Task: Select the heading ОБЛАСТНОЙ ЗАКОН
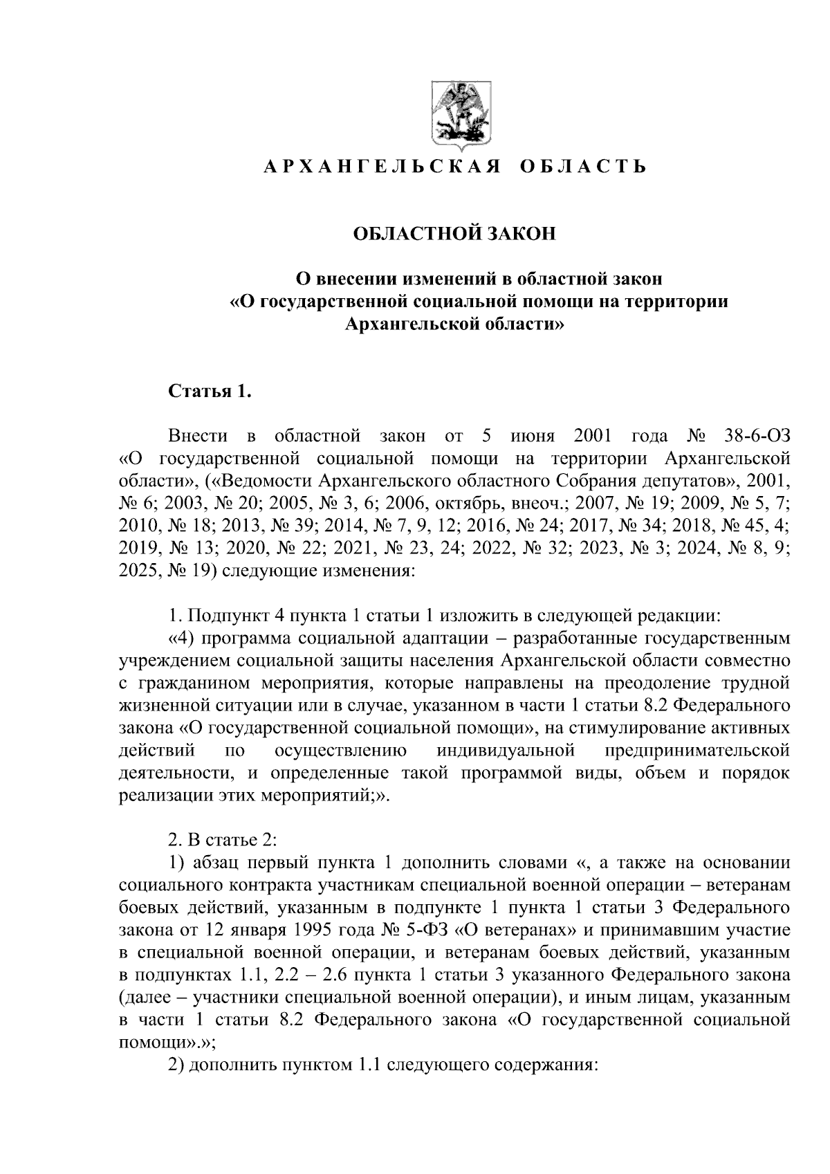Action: pos(454,234)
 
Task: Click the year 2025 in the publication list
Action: pos(138,570)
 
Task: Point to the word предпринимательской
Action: pos(698,751)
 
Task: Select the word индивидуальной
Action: pos(506,751)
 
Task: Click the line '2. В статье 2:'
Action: pos(223,840)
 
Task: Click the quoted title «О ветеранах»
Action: pos(512,929)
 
